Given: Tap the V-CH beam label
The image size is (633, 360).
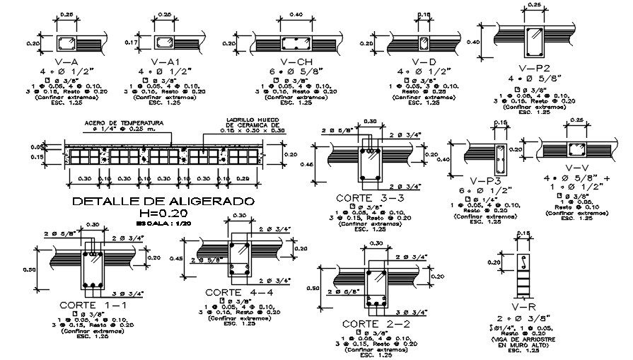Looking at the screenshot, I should (287, 62).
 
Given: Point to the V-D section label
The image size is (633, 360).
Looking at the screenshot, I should (424, 62).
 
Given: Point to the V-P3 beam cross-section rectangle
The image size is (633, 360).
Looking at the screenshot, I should (499, 161).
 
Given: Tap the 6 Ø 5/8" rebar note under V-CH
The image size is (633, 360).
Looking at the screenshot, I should (287, 72).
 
